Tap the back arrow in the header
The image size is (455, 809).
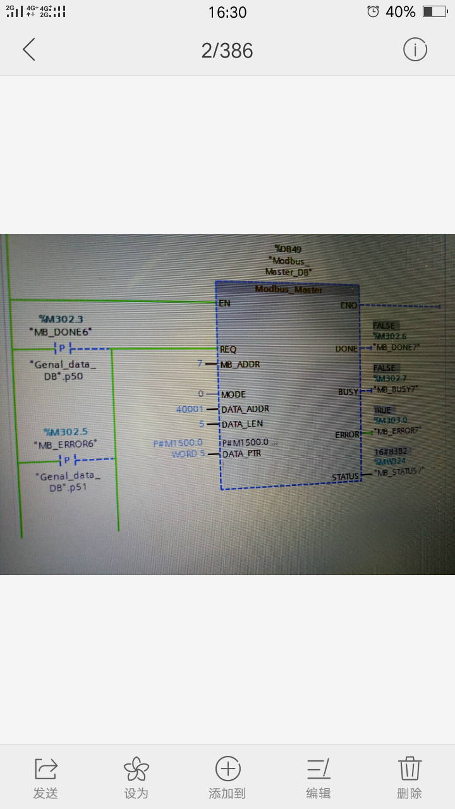point(29,49)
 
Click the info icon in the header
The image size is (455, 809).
point(415,49)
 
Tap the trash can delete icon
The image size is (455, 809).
point(409,769)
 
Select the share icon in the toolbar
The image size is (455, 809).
point(45,769)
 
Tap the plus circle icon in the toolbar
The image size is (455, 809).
point(227,769)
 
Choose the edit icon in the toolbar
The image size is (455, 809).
point(318,769)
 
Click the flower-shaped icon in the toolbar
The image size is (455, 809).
point(136,769)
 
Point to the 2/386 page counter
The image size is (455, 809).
point(227,51)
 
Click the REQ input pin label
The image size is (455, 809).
point(227,349)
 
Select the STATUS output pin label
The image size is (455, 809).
point(345,477)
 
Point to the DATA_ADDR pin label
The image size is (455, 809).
point(245,409)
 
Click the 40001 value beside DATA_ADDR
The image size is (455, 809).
point(190,410)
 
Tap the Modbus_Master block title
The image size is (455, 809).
point(288,289)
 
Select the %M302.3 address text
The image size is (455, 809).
point(61,320)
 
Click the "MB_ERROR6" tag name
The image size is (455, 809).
point(66,444)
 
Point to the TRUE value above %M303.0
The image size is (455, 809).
point(382,410)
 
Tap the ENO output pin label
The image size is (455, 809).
point(349,305)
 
